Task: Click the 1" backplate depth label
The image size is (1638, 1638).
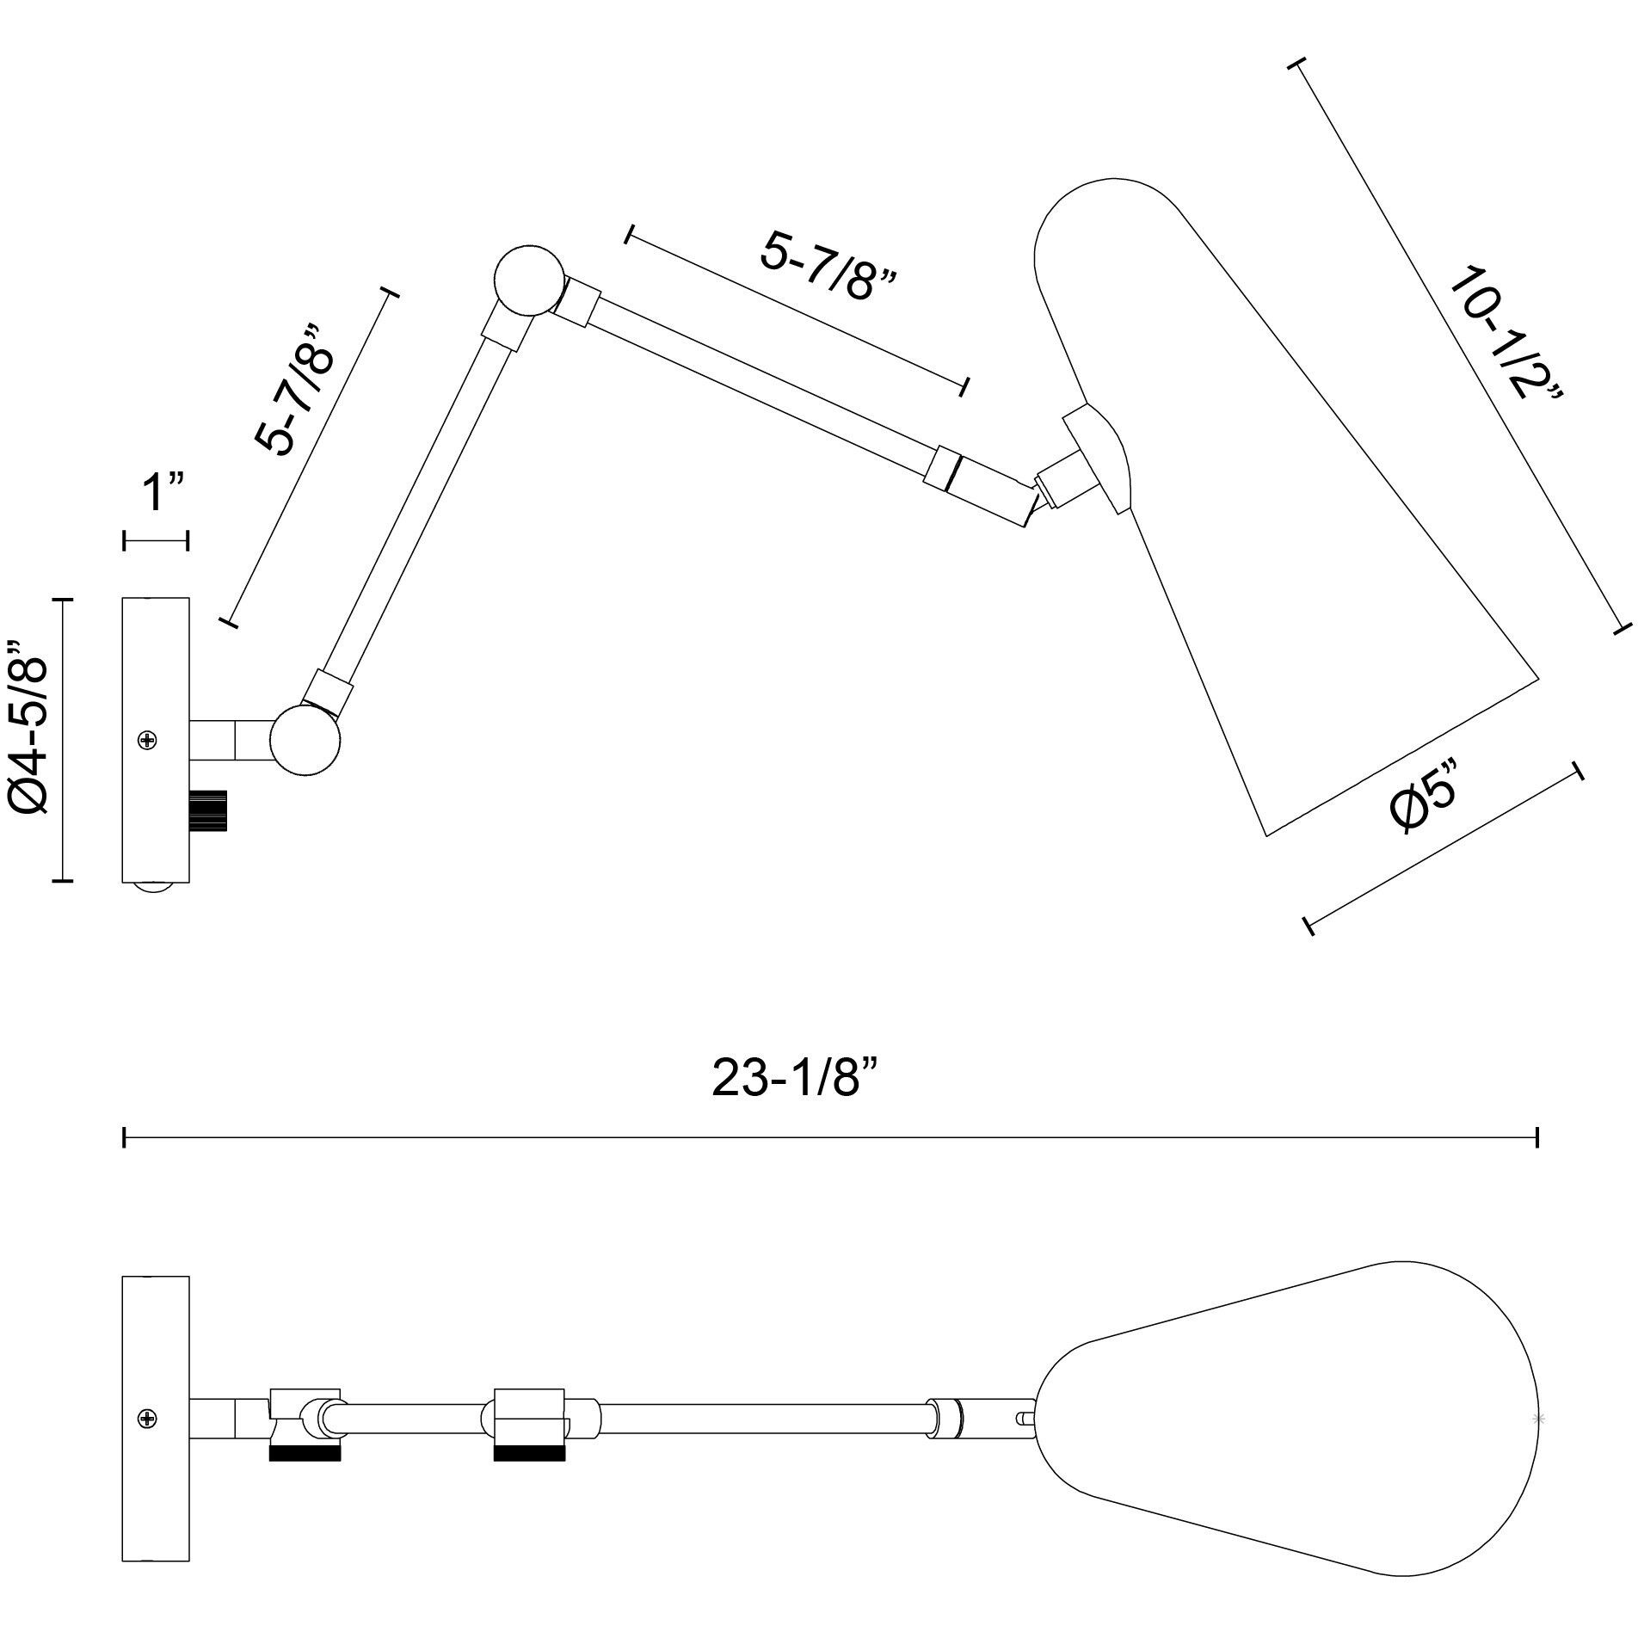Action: [x=163, y=493]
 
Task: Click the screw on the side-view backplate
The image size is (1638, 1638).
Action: [x=149, y=739]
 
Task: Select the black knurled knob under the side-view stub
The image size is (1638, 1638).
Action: [x=208, y=810]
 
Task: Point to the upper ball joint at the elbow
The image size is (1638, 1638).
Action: [x=529, y=280]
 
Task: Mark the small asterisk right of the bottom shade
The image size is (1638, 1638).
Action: [x=1540, y=1418]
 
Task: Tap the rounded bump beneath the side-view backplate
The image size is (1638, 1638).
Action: [x=156, y=888]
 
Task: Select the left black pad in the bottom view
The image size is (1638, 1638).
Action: [x=305, y=1453]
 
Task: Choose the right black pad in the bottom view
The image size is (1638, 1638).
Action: [x=529, y=1453]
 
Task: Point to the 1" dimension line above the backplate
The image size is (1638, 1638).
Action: [x=156, y=541]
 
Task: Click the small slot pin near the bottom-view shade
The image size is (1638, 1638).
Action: [x=1023, y=1418]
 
